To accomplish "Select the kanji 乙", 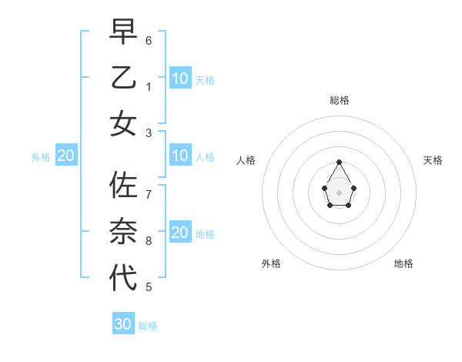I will click(x=123, y=79).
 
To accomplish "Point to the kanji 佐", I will click(x=123, y=186).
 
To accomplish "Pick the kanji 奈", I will click(x=123, y=232).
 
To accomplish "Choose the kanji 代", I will click(x=123, y=277).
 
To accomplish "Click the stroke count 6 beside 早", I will click(x=149, y=40).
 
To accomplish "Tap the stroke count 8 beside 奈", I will click(x=149, y=241).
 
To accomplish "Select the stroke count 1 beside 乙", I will click(x=149, y=87).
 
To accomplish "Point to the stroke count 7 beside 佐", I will click(x=149, y=194).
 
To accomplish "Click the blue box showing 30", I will click(x=123, y=324).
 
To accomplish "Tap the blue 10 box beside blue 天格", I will click(x=180, y=78).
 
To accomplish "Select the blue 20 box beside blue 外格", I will click(x=66, y=156).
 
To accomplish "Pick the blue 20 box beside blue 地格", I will click(x=180, y=233).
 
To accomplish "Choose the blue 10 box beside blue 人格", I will click(x=180, y=156).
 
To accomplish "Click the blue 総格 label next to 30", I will click(x=148, y=326).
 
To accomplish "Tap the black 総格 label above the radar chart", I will click(x=339, y=100).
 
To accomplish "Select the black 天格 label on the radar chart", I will click(x=433, y=160).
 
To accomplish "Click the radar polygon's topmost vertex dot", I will click(x=339, y=162).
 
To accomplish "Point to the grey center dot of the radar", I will click(x=339, y=192).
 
